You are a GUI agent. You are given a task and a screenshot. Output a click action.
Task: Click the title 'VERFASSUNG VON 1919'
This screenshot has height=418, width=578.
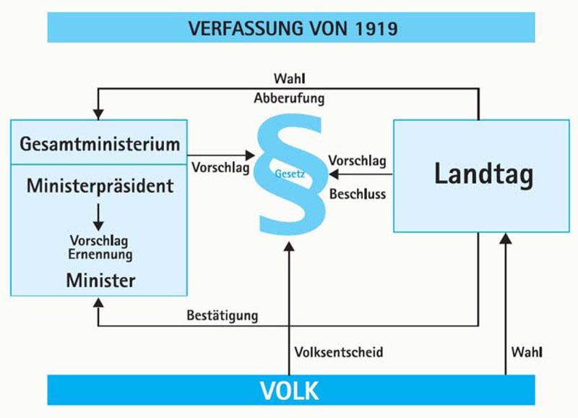[293, 28]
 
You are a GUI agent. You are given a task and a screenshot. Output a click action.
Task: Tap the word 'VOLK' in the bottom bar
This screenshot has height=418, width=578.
[289, 391]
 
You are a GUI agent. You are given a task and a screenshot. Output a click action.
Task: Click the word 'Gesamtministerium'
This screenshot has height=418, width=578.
[98, 143]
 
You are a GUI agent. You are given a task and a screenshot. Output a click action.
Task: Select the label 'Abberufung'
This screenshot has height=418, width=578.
[289, 97]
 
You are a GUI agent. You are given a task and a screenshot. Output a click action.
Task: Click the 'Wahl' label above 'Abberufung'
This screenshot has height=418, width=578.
[288, 77]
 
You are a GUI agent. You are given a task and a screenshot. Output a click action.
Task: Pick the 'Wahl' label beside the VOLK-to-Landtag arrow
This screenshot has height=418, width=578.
[527, 352]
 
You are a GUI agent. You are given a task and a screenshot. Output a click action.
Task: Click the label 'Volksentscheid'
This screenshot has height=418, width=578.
[338, 352]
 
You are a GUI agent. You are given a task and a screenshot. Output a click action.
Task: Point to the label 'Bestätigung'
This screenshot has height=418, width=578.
[223, 315]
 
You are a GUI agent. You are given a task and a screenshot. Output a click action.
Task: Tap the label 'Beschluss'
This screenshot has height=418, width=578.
[358, 194]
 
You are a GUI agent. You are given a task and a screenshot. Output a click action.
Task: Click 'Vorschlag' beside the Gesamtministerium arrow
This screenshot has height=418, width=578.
[221, 167]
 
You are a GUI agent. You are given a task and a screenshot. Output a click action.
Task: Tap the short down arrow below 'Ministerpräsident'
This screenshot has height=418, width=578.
[99, 216]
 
